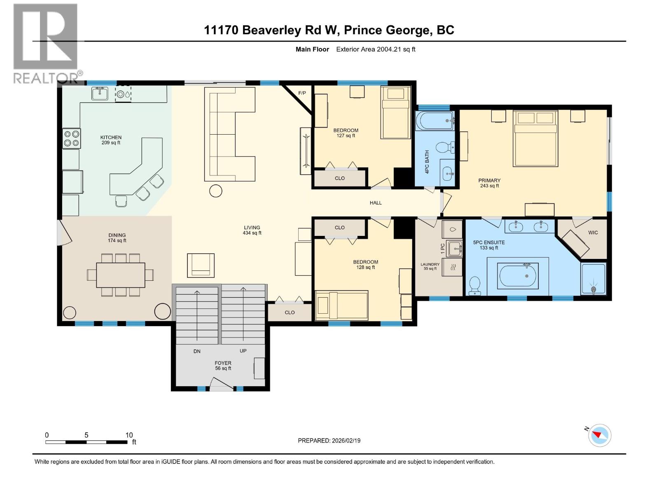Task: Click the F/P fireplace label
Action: pos(302,93)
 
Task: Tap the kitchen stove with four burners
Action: pos(71,138)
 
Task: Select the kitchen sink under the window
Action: pos(100,94)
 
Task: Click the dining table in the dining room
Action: pos(121,275)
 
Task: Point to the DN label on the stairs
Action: pos(197,351)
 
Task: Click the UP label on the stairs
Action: pos(243,351)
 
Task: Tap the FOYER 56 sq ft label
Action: pos(223,366)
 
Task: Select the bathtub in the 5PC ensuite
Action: pos(518,276)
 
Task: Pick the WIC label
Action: pos(593,233)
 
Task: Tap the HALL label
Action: pos(376,203)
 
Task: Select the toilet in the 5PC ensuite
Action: pos(475,285)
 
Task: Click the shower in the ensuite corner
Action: pos(593,279)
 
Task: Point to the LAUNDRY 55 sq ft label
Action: pos(430,266)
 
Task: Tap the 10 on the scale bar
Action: pos(129,435)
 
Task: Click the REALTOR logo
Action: pos(46,43)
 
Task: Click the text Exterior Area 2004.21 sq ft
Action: pos(376,49)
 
